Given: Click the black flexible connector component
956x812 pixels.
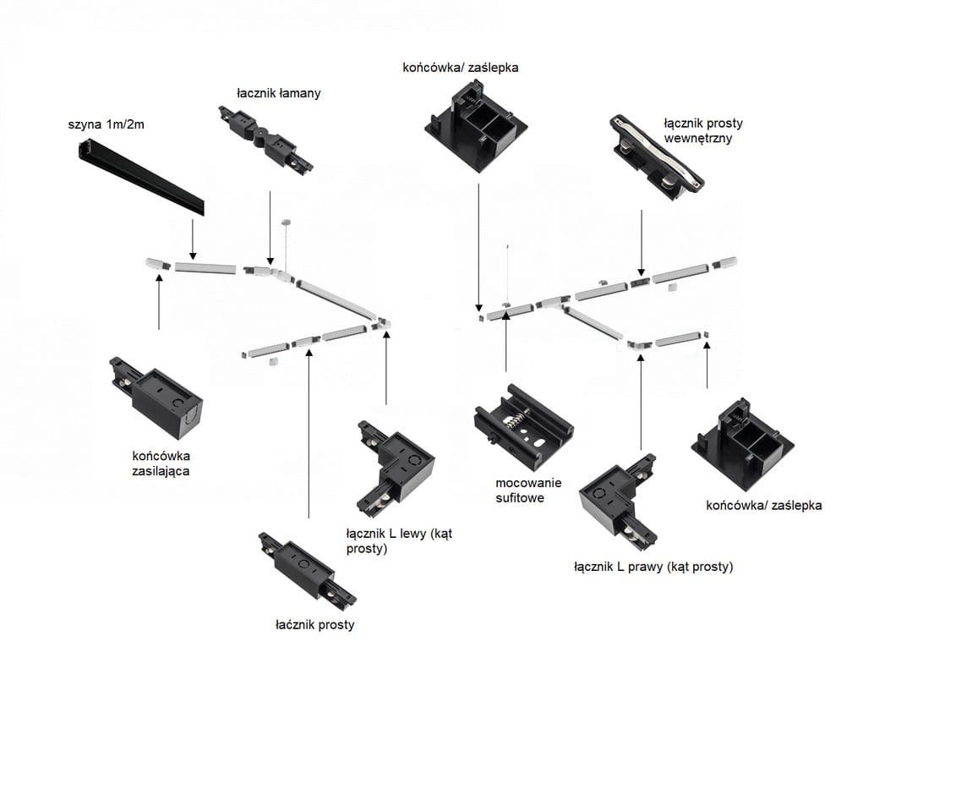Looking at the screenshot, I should (265, 139).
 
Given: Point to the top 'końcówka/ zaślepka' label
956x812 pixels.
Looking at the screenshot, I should (461, 67).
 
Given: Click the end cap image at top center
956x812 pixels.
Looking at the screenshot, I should (476, 121).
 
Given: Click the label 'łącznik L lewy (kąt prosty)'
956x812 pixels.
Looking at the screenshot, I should (399, 541).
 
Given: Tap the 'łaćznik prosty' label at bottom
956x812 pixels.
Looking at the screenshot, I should (314, 625).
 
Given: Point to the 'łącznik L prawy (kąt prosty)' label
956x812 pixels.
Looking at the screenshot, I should (653, 567).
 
